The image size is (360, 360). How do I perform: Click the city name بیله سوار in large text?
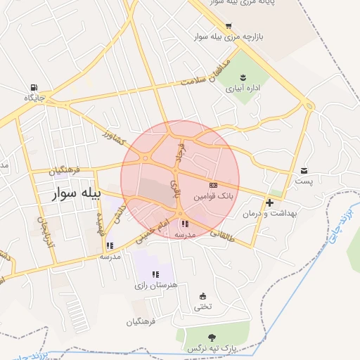(77, 193)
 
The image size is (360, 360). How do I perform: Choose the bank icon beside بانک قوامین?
(214, 184)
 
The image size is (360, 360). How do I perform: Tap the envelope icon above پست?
(304, 170)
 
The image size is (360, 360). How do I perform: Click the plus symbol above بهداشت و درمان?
(269, 202)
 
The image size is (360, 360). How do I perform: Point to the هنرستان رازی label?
(155, 285)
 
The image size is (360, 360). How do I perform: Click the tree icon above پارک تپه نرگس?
(212, 337)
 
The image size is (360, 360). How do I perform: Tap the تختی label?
(202, 306)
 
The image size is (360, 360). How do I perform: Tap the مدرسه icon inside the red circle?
(185, 224)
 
